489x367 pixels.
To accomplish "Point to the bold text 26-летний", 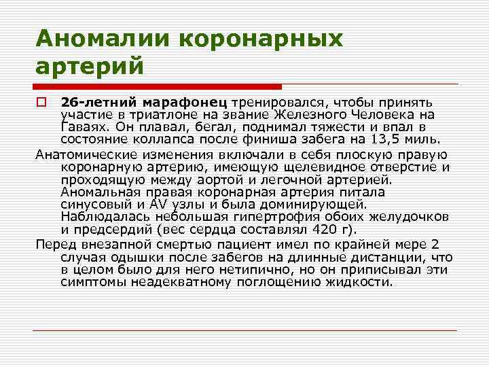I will pyautogui.click(x=96, y=102).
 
